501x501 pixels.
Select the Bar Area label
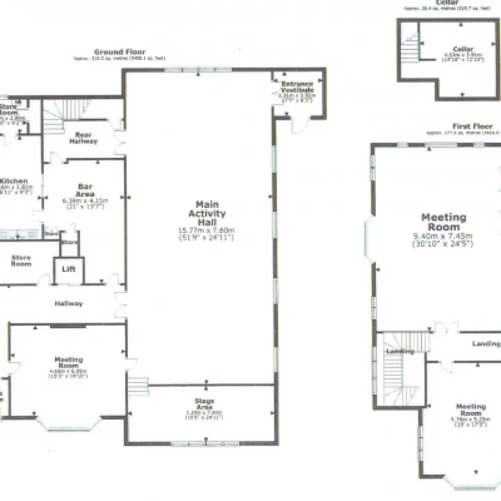[86, 190]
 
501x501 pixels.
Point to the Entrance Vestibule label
[297, 88]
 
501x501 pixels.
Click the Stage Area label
[205, 404]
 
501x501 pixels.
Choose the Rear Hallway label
[83, 138]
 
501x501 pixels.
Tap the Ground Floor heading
[120, 52]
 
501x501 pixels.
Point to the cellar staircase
[411, 48]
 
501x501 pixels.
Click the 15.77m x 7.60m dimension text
[207, 230]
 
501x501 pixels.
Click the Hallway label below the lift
[69, 303]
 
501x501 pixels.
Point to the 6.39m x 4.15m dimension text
[85, 200]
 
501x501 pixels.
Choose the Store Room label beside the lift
[21, 261]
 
